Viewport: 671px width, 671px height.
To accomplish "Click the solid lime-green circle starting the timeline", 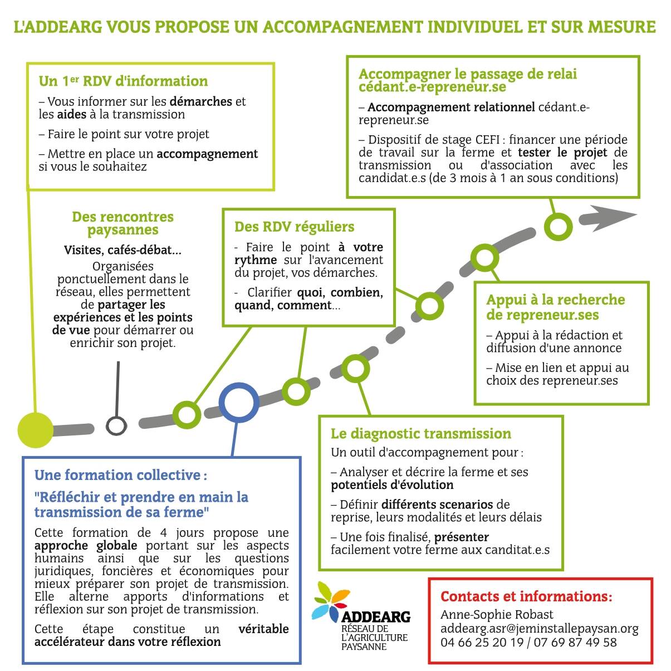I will pyautogui.click(x=36, y=430).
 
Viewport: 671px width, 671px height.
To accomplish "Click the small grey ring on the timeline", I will pyautogui.click(x=116, y=426).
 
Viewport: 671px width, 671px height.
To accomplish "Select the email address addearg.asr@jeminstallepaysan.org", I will pyautogui.click(x=539, y=628).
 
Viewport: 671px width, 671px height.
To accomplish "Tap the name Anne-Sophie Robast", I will pyautogui.click(x=497, y=614).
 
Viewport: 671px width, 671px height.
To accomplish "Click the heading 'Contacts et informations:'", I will pyautogui.click(x=526, y=596).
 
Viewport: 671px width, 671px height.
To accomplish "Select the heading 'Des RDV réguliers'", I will pyautogui.click(x=294, y=227).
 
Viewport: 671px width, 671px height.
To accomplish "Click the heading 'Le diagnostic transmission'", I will pyautogui.click(x=420, y=433).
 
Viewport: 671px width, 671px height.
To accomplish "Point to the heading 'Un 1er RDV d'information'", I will pyautogui.click(x=123, y=81).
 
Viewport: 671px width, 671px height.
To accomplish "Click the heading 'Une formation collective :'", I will pyautogui.click(x=120, y=475).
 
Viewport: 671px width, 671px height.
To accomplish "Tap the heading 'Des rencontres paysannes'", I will pyautogui.click(x=123, y=223).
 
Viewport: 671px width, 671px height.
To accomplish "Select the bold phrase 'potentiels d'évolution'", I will pyautogui.click(x=392, y=484).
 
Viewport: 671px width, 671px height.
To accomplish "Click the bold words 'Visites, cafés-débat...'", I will pyautogui.click(x=123, y=250).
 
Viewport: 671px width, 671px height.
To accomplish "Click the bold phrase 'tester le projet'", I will pyautogui.click(x=562, y=152).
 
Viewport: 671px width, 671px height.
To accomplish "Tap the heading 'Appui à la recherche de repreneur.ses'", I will pyautogui.click(x=555, y=307).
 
